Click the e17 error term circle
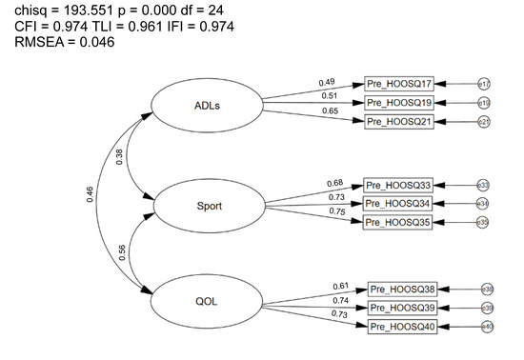tap(484, 85)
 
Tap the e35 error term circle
tap(483, 222)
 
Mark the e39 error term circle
tap(487, 309)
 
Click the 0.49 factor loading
tap(327, 83)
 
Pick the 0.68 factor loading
tap(334, 182)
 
